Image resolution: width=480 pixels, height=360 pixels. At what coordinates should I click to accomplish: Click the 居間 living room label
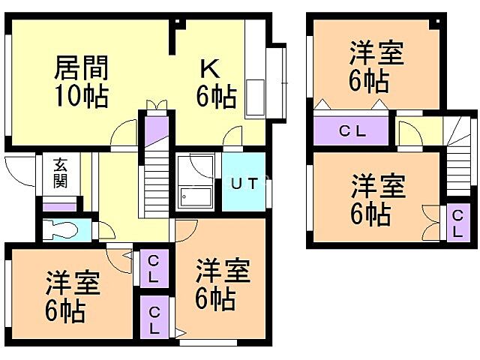click(x=81, y=68)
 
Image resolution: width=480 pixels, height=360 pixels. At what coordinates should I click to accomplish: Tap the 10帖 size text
click(x=81, y=96)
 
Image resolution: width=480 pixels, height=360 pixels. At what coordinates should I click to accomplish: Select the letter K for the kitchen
click(x=208, y=68)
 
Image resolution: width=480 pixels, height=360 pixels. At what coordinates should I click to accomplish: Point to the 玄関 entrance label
click(x=60, y=173)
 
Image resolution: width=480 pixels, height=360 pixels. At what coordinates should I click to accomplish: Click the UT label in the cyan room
click(x=244, y=183)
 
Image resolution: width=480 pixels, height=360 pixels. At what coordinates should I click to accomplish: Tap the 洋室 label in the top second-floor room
click(x=376, y=54)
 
